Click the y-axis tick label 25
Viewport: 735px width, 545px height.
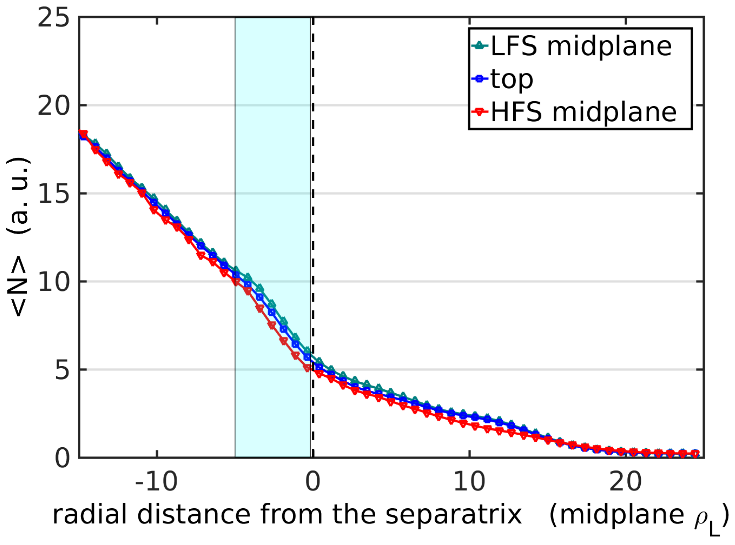pos(53,18)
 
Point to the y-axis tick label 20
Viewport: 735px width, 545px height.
pos(53,105)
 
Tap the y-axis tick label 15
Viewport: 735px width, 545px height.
pos(53,194)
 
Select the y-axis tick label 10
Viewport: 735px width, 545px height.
pos(53,282)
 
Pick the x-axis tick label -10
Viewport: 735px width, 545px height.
pos(156,482)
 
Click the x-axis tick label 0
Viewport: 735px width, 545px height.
pos(313,482)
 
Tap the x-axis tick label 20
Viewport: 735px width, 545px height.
pos(625,482)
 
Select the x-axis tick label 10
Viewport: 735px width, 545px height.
pos(469,482)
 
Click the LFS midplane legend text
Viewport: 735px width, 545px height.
pos(581,46)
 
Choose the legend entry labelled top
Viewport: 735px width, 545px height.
pos(512,79)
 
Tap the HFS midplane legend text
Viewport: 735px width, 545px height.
pos(583,112)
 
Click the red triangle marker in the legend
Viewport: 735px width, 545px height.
pos(479,112)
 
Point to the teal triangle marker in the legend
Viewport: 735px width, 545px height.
pos(479,45)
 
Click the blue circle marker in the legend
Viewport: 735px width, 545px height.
pos(479,79)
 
